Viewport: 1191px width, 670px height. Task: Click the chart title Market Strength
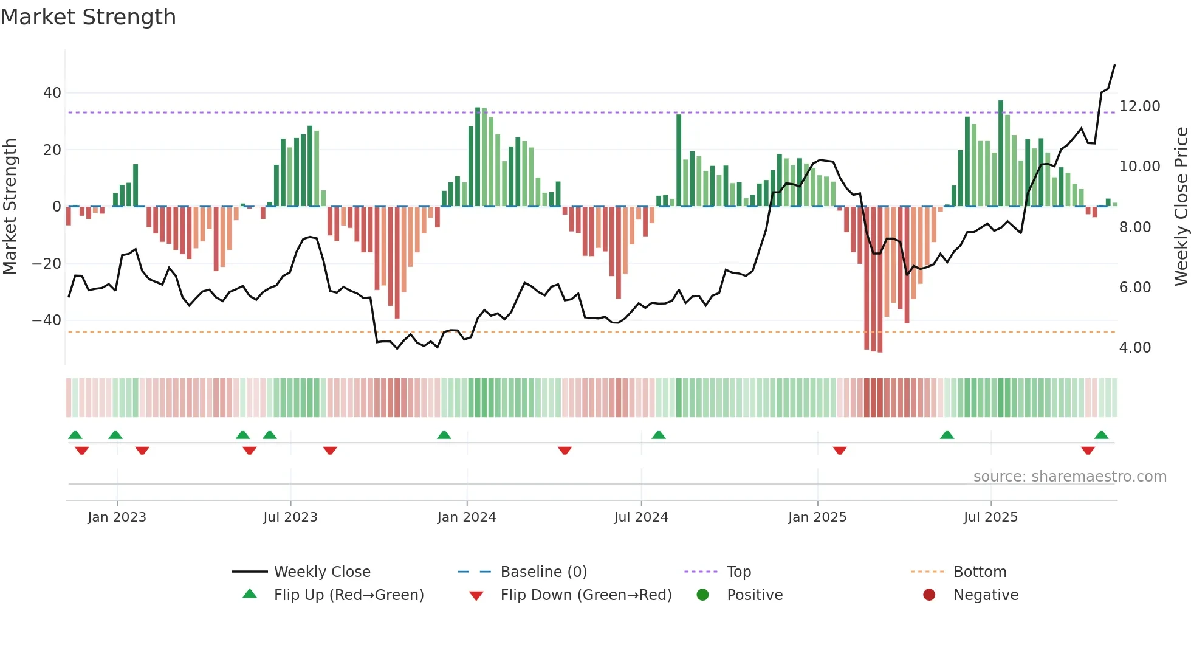point(88,17)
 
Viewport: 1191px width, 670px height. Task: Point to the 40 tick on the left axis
point(52,93)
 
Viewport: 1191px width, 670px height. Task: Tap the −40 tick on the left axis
point(47,320)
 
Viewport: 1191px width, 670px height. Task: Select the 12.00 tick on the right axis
point(1139,106)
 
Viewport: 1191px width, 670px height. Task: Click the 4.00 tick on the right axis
point(1134,348)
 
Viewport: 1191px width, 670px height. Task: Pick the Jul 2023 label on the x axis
point(290,517)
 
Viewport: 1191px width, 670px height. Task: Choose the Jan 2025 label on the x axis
point(817,517)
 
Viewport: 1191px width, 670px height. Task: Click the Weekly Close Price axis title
point(1181,207)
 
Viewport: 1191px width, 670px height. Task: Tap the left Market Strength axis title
point(10,207)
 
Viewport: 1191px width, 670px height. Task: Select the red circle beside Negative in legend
point(928,595)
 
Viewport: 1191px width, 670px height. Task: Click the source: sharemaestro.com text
point(1069,477)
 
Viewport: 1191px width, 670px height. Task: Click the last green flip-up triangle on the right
point(1101,435)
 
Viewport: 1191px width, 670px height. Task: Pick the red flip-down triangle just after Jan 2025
point(840,451)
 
